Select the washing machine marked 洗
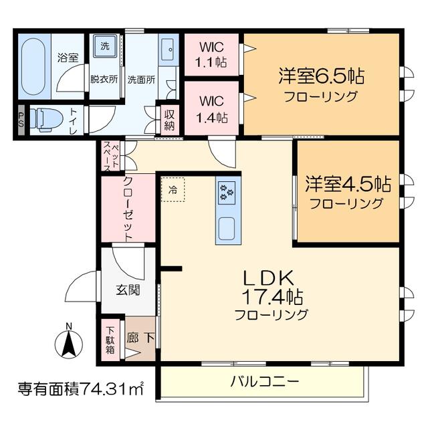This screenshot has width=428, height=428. tap(105, 46)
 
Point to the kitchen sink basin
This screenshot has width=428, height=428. tap(227, 229)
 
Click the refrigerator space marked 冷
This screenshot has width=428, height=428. tap(173, 190)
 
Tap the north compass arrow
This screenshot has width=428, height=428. tap(69, 343)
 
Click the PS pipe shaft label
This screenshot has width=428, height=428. tap(21, 120)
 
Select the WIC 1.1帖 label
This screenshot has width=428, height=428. tap(211, 55)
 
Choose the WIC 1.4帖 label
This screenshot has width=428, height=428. tap(212, 110)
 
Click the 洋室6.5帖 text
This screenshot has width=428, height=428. tap(322, 76)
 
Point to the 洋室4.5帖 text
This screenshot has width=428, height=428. tap(348, 183)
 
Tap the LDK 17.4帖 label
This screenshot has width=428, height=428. tap(272, 287)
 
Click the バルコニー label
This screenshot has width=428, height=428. tap(265, 381)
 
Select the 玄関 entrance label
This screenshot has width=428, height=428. tap(128, 290)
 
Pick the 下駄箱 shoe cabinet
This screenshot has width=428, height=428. tap(110, 340)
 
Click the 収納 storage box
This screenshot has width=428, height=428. tap(169, 120)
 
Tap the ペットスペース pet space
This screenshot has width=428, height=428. tap(110, 156)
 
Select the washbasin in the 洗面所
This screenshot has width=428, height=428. tap(169, 49)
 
